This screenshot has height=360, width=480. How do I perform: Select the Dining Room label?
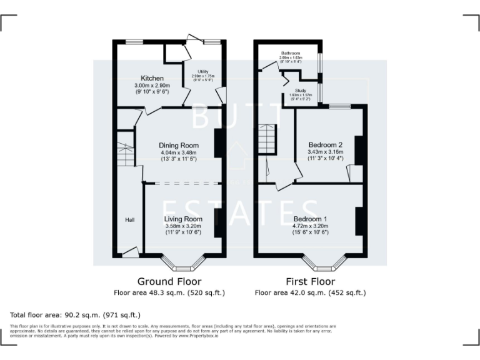pyautogui.click(x=178, y=145)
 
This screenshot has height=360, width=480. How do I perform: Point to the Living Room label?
pyautogui.click(x=183, y=219)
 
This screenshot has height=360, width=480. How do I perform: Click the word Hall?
pyautogui.click(x=129, y=220)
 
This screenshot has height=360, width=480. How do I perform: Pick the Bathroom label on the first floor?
pyautogui.click(x=291, y=54)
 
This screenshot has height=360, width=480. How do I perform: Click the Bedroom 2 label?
pyautogui.click(x=326, y=145)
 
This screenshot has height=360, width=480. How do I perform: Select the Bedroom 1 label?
pyautogui.click(x=311, y=219)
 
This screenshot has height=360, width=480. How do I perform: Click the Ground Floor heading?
pyautogui.click(x=169, y=281)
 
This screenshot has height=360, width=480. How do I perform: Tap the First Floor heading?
pyautogui.click(x=310, y=281)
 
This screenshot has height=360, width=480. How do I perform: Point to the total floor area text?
pyautogui.click(x=76, y=314)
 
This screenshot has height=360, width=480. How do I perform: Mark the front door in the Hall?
pyautogui.click(x=131, y=252)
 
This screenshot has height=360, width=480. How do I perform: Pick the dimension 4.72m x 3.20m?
pyautogui.click(x=311, y=226)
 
